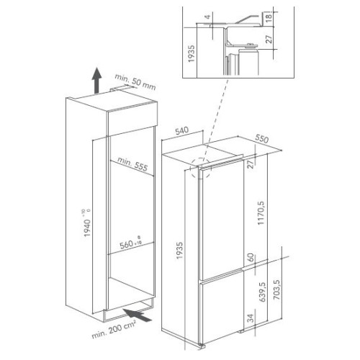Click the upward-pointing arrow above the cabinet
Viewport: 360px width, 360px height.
point(96,81)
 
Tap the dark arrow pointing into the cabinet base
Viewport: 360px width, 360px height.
point(138,315)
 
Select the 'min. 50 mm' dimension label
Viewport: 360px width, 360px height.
point(135,81)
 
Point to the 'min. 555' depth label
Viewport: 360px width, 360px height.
point(132,164)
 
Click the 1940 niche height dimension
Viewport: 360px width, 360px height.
point(87,223)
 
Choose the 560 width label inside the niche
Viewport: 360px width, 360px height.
point(130,243)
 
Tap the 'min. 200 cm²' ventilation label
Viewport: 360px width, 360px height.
point(114,329)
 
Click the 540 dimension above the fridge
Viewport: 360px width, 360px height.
point(181,131)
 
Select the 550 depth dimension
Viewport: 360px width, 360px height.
point(261,138)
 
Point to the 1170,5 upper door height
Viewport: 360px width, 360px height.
point(261,213)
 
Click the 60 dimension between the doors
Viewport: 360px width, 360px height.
point(251,257)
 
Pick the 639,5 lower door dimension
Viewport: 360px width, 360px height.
point(262,292)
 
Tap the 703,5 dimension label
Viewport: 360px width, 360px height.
point(276,289)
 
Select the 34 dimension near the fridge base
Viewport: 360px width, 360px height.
point(251,318)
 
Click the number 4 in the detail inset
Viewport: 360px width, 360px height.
point(208,17)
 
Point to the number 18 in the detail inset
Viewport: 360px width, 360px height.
point(269,17)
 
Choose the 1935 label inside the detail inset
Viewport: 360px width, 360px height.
point(191,54)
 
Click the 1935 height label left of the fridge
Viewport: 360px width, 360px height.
point(179,251)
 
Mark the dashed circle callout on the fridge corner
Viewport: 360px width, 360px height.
point(200,168)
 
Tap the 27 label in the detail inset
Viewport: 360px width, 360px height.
point(269,39)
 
